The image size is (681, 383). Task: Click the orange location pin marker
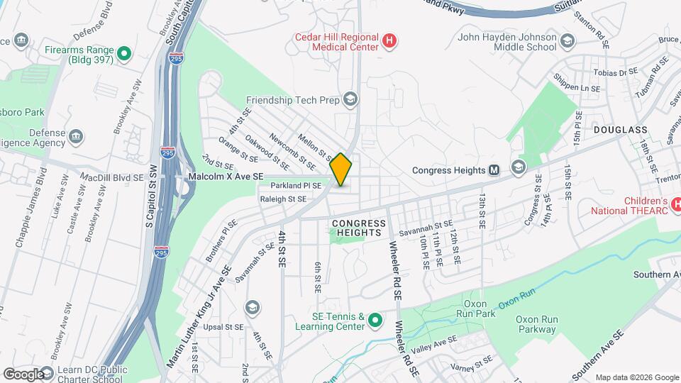coord(341,170)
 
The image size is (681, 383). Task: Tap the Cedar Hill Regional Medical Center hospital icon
coord(389,41)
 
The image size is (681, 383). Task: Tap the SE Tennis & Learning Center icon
coord(375,321)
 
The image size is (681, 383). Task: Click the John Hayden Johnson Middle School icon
coord(567,41)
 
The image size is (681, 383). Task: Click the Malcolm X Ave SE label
coord(226,176)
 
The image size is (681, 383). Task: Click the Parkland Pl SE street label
coord(296,186)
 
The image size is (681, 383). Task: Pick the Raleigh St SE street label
coord(282,199)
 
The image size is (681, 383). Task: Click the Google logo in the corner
coord(23,374)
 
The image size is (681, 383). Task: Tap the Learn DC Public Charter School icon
coord(48,373)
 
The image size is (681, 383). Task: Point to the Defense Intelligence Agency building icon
coord(77,135)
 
